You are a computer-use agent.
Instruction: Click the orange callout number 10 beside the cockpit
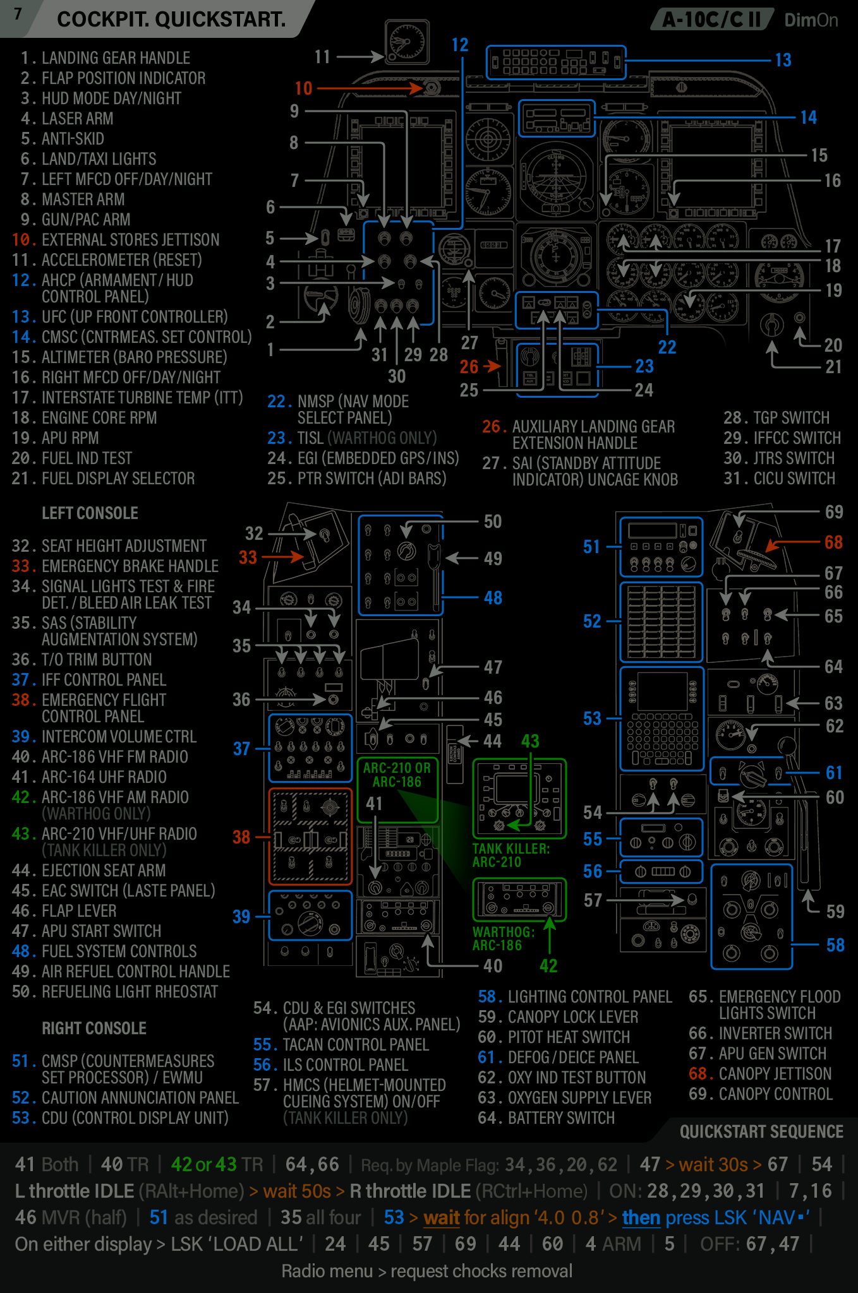(303, 88)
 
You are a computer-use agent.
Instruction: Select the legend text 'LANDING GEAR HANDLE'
(116, 58)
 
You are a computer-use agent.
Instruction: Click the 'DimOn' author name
(811, 20)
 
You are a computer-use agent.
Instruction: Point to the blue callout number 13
(783, 60)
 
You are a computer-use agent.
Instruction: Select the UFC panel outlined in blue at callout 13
(556, 63)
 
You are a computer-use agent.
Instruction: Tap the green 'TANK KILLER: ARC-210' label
(511, 855)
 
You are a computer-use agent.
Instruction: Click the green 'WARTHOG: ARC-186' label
(503, 939)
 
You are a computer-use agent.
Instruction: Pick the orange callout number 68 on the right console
(833, 542)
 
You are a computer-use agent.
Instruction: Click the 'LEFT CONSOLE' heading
(90, 513)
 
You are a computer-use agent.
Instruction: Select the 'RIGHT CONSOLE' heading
(94, 1028)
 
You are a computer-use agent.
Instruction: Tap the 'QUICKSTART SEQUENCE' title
(761, 1132)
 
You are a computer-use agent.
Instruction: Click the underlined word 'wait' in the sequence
(441, 1217)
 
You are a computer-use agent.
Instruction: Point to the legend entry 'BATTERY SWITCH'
(561, 1118)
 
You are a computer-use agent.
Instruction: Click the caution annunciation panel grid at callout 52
(661, 622)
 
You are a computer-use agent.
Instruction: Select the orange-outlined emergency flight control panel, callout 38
(310, 836)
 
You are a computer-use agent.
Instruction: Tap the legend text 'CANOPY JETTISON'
(776, 1074)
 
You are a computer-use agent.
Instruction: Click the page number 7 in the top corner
(18, 14)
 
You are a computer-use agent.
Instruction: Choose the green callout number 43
(530, 741)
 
